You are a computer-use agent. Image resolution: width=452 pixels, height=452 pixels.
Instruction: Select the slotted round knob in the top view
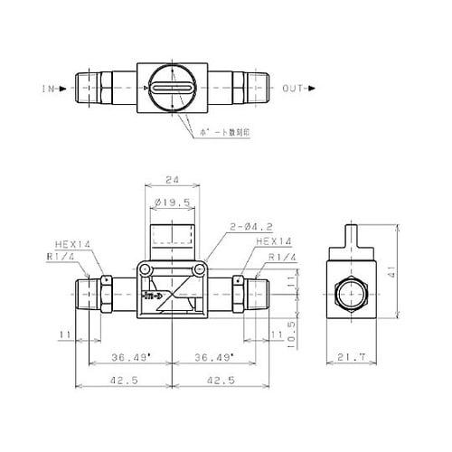(171, 89)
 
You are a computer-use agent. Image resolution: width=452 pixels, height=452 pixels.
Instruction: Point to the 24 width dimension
(170, 179)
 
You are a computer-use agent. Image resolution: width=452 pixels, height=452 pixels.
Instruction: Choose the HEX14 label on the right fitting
(272, 242)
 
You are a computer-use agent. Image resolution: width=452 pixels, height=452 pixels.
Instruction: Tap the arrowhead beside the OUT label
(312, 89)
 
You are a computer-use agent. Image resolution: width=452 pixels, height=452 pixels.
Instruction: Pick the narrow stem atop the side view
(353, 237)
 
